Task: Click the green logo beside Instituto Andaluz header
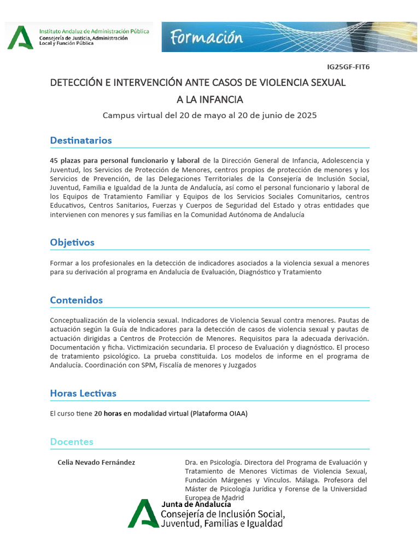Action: pyautogui.click(x=20, y=38)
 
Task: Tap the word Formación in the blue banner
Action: pyautogui.click(x=206, y=38)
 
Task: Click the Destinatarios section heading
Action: pyautogui.click(x=81, y=141)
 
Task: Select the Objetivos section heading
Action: pyautogui.click(x=72, y=242)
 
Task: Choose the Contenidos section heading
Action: pyautogui.click(x=77, y=300)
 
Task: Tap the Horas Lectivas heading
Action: pyautogui.click(x=83, y=393)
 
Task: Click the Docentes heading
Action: pyautogui.click(x=72, y=441)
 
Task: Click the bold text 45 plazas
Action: pyautogui.click(x=66, y=161)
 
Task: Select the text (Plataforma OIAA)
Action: pyautogui.click(x=219, y=414)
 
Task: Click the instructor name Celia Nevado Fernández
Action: pyautogui.click(x=96, y=463)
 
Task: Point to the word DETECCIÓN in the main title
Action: pyautogui.click(x=76, y=83)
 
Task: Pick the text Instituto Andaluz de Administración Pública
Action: pyautogui.click(x=94, y=32)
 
